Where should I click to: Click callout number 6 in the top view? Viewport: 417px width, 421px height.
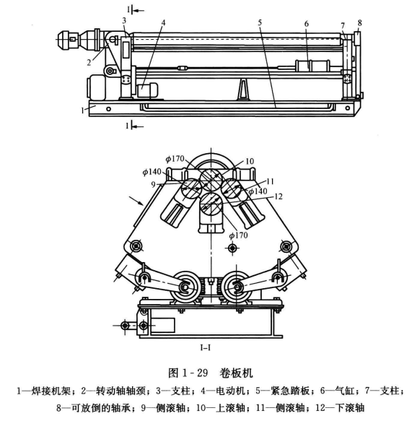(307, 24)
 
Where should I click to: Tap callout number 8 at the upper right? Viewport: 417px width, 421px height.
(359, 23)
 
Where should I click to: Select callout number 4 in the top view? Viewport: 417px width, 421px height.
(163, 22)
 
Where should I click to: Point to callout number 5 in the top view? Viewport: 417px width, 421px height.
(260, 22)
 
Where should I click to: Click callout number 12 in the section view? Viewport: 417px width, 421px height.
(278, 197)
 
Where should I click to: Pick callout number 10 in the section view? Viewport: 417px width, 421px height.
(250, 161)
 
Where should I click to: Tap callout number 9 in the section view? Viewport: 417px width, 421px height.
(153, 184)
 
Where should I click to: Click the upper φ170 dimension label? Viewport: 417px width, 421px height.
(175, 159)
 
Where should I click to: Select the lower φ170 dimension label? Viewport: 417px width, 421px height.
(238, 235)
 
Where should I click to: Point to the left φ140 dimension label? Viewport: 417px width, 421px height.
(152, 172)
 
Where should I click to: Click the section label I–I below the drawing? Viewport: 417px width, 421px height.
(205, 348)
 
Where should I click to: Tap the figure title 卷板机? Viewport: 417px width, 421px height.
(236, 373)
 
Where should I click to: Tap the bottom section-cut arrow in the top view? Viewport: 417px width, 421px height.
(138, 126)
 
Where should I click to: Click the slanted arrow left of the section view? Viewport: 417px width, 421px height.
(136, 201)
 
